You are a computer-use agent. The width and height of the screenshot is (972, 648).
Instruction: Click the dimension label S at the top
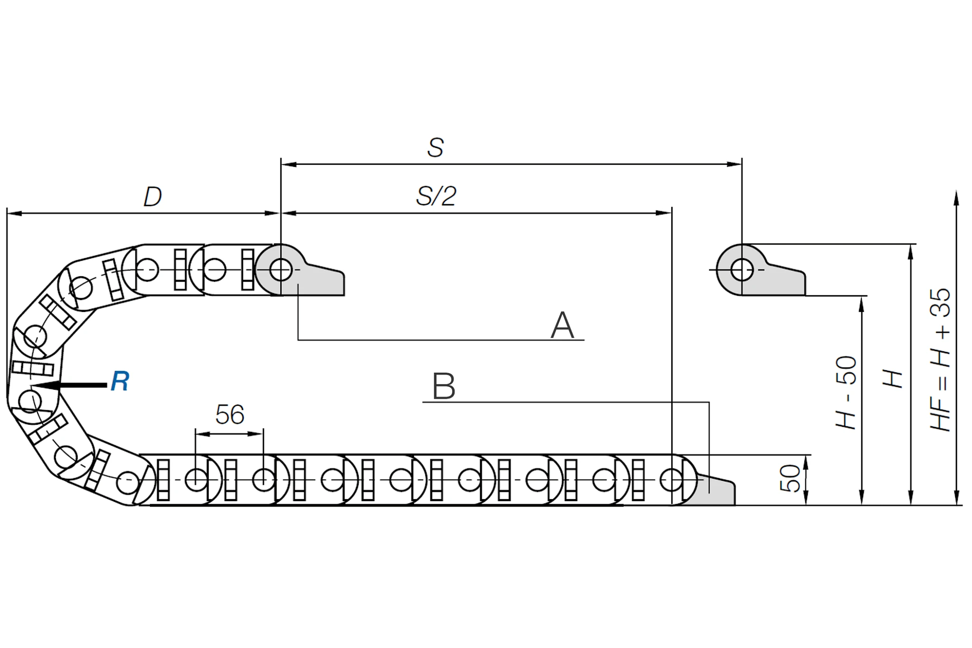coord(435,147)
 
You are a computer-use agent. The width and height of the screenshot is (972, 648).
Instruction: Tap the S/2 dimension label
coord(436,196)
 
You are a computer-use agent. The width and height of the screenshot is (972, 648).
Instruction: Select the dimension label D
coord(153,197)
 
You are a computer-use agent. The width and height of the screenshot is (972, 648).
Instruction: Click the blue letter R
coord(120,381)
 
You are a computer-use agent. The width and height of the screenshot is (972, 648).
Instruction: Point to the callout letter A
coord(562,325)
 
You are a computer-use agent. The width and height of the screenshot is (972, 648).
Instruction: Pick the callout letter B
coord(444,386)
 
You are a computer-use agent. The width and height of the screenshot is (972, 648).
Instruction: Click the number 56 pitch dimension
coord(230,414)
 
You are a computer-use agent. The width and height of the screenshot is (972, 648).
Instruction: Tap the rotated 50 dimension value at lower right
coord(790,479)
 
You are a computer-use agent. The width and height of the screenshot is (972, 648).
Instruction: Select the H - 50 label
coord(846,393)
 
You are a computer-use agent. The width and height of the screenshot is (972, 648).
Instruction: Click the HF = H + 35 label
coord(940,360)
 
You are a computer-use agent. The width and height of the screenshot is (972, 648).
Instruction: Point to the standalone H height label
coord(892,379)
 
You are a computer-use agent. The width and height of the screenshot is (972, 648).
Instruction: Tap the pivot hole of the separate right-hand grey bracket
coord(742,270)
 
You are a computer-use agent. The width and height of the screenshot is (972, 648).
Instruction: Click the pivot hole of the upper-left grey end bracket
coord(280,270)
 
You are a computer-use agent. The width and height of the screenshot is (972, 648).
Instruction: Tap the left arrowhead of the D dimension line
coord(15,213)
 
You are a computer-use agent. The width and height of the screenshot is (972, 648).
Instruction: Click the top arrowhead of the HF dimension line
coord(956,198)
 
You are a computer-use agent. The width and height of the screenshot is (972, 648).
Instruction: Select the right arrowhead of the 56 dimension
coord(256,433)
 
